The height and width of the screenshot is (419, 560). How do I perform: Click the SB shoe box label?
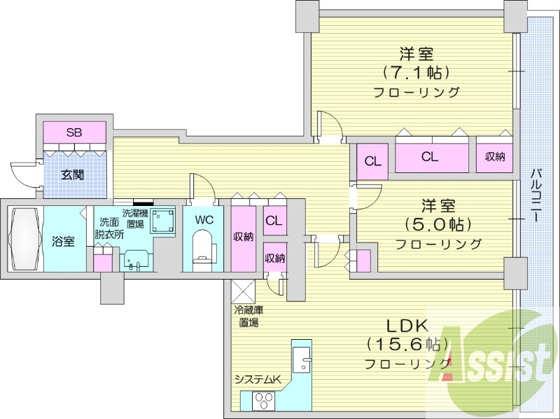(73, 132)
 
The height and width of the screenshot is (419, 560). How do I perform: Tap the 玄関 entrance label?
(73, 174)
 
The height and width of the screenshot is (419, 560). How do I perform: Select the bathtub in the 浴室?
(25, 238)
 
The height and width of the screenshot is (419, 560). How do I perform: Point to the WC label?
(204, 219)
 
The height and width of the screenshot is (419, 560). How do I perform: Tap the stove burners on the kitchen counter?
(265, 401)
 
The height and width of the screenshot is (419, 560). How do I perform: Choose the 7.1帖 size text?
(415, 72)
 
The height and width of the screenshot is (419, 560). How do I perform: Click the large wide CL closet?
(430, 156)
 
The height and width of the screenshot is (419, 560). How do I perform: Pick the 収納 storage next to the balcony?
(495, 156)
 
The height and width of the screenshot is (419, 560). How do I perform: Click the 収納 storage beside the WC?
(244, 237)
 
